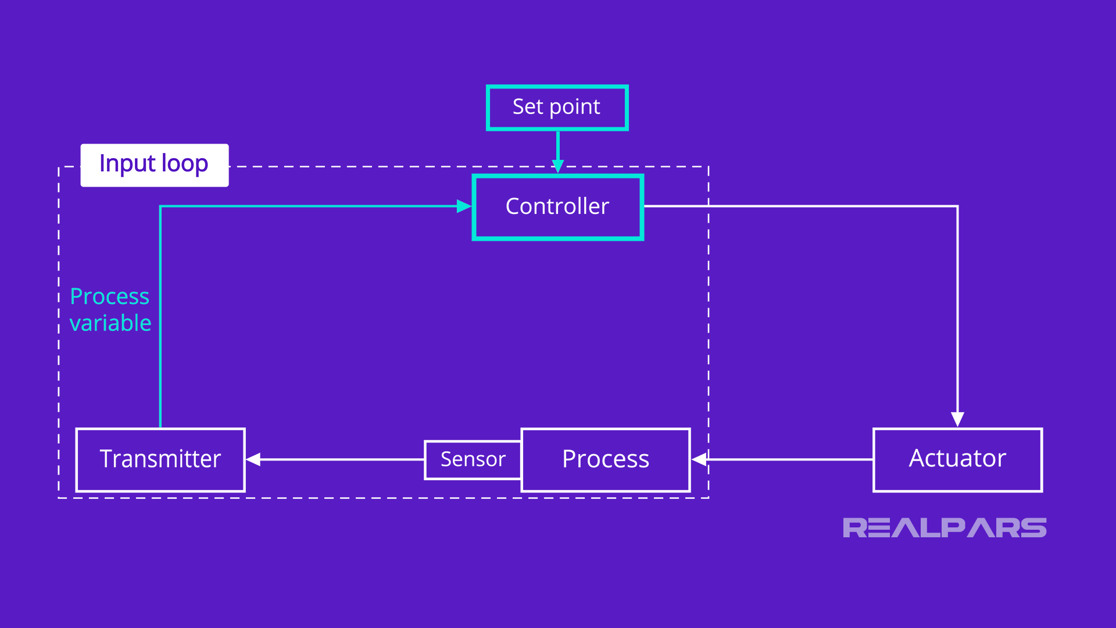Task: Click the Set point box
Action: click(557, 108)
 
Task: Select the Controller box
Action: click(557, 207)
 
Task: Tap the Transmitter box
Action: click(160, 460)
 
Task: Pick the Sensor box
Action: click(473, 460)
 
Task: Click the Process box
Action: click(606, 460)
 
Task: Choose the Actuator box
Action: click(957, 460)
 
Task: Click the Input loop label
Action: click(154, 165)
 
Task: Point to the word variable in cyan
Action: click(110, 323)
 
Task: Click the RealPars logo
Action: click(945, 528)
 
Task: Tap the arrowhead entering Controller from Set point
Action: click(557, 167)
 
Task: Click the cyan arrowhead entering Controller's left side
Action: click(464, 206)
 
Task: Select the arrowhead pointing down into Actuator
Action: click(957, 419)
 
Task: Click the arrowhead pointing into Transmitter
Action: click(253, 459)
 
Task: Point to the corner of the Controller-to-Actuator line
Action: click(957, 206)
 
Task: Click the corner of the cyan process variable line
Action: click(160, 206)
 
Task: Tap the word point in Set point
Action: click(575, 108)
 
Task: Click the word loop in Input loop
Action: click(184, 165)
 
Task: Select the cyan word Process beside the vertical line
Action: click(109, 297)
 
